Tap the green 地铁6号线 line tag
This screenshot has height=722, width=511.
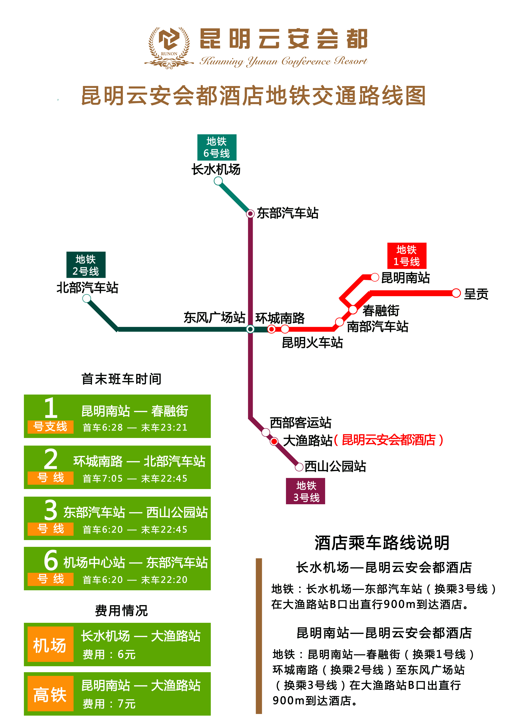coord(217,147)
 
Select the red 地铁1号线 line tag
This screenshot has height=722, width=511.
coord(407,256)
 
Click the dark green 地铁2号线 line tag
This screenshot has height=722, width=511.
coord(86,265)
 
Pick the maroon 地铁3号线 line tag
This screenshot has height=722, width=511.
coord(305,491)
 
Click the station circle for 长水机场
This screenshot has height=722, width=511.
coord(218,181)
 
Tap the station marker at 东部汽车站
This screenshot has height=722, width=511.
coord(250,214)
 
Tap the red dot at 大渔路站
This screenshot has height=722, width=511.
coord(274,441)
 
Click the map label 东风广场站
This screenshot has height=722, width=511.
coord(214,318)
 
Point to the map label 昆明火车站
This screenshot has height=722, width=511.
coord(312,342)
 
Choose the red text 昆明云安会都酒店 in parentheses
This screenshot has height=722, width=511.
coord(389,440)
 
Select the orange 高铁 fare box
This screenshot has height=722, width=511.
coord(50,693)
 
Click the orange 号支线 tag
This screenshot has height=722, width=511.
coord(50,427)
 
